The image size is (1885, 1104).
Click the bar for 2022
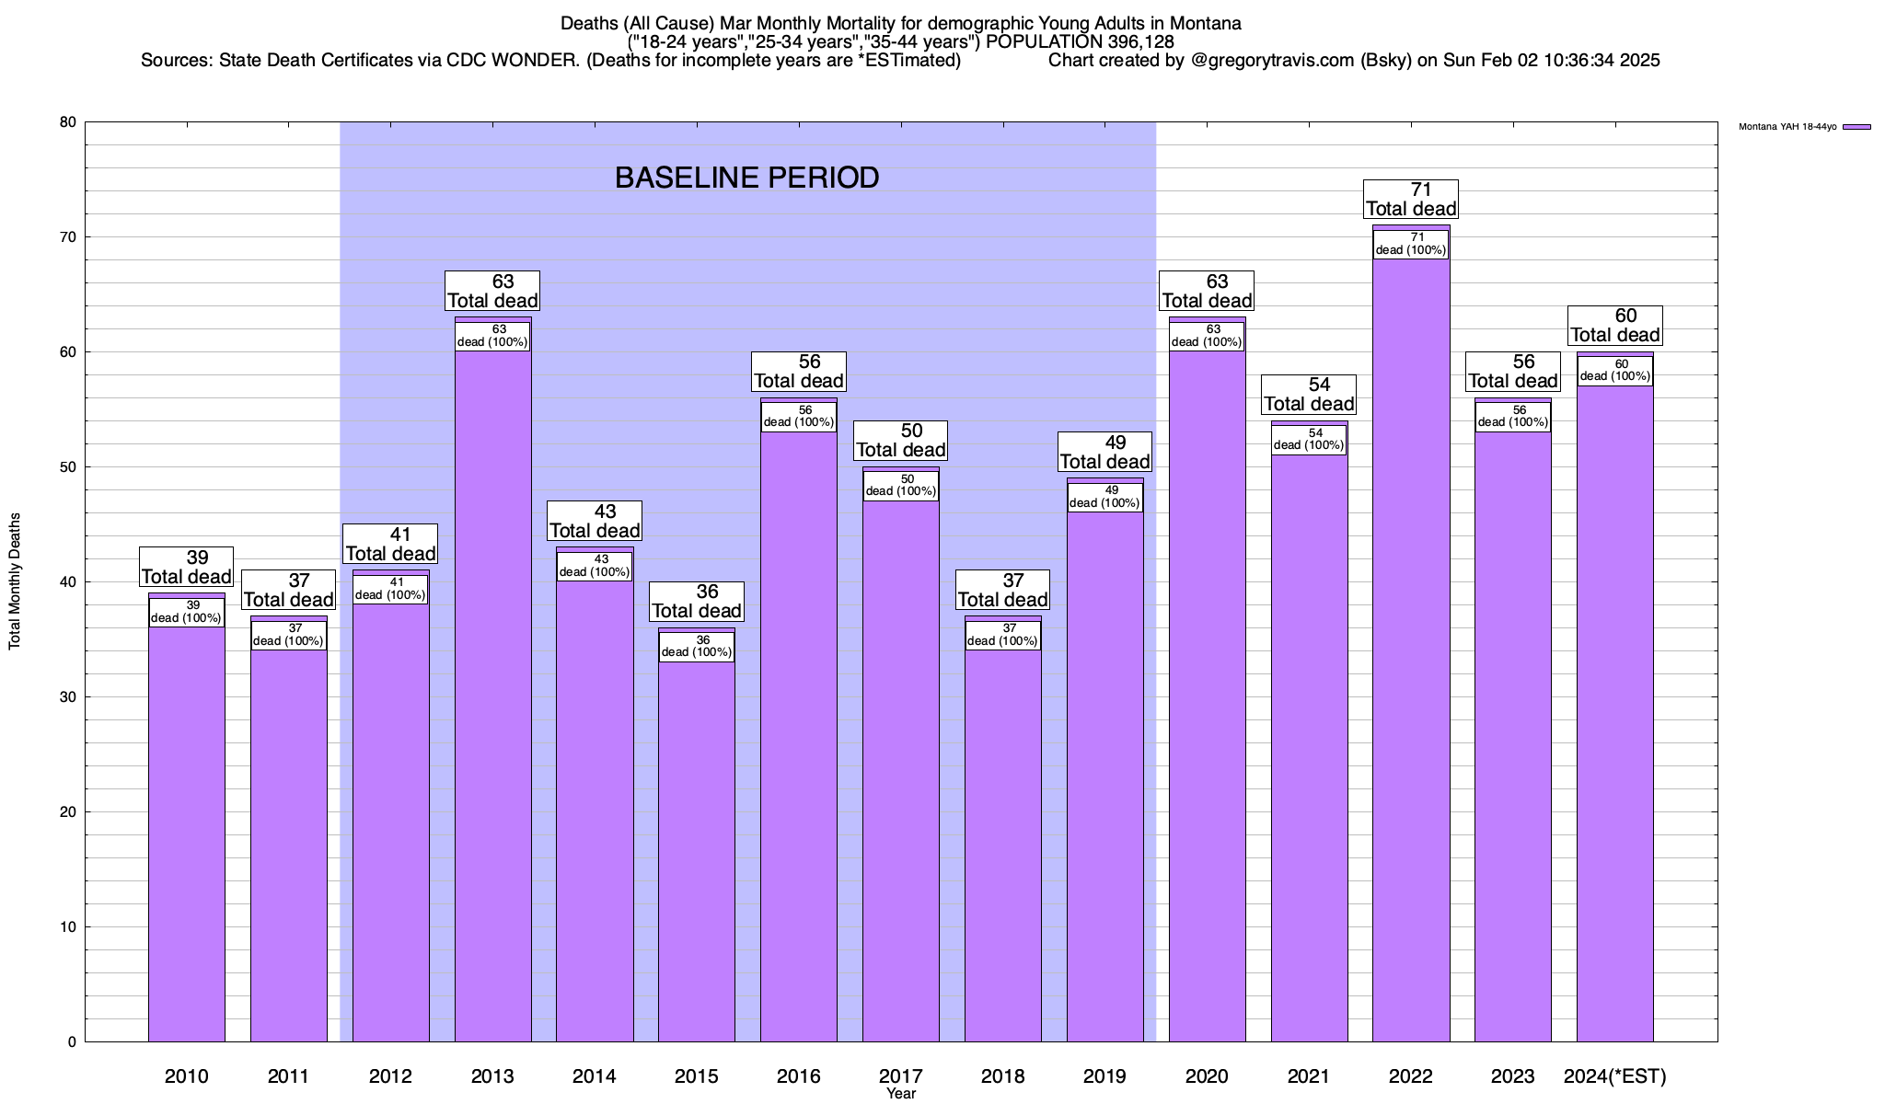tap(1411, 644)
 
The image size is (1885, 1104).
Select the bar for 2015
tap(697, 846)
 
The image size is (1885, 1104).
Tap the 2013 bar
tap(492, 690)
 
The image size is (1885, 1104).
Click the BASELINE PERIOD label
tap(746, 178)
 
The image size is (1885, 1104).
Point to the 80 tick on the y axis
tap(68, 122)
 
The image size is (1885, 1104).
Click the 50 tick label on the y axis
tap(68, 467)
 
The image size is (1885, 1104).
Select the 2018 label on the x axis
tap(1003, 1076)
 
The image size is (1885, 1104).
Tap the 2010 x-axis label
tap(187, 1076)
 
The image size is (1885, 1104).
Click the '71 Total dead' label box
tap(1411, 199)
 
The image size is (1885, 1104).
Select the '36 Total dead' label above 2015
tap(697, 601)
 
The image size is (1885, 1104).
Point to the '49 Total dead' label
tap(1105, 452)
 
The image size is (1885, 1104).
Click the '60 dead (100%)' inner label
tap(1614, 371)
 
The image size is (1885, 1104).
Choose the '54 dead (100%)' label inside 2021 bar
tap(1309, 439)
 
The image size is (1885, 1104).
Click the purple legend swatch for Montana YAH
tap(1856, 127)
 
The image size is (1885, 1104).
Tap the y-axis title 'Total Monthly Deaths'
tap(15, 581)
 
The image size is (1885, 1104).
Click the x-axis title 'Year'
tap(901, 1094)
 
